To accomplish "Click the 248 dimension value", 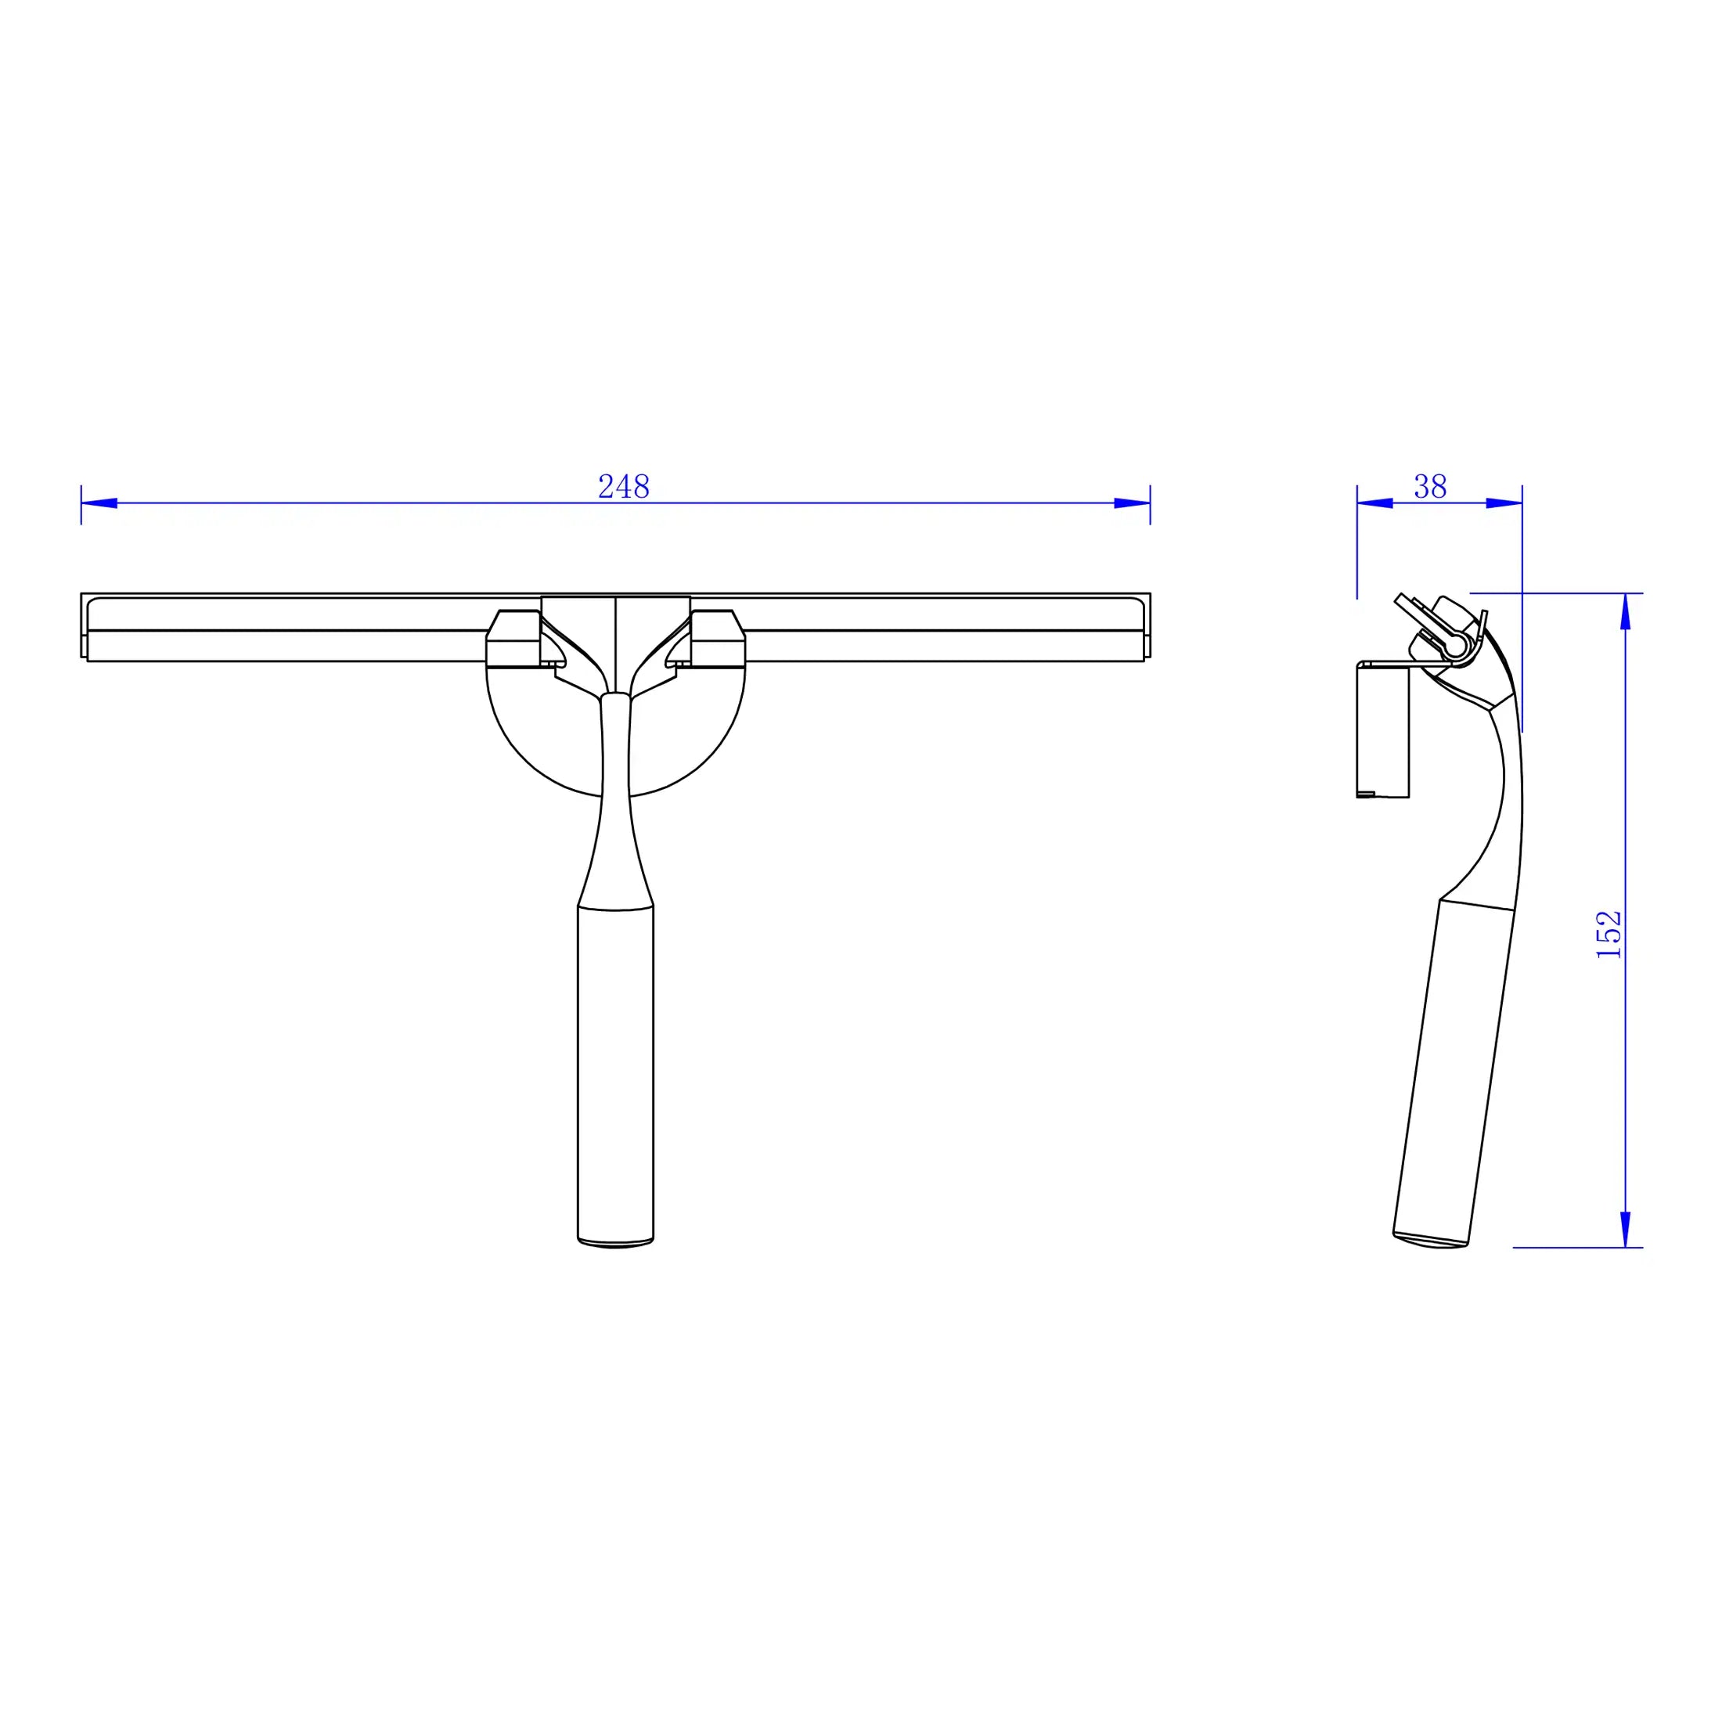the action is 623,487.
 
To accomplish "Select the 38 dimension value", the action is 1430,487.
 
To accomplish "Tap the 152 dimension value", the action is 1609,934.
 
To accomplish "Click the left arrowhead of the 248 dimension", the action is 99,503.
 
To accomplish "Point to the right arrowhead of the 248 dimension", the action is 1132,503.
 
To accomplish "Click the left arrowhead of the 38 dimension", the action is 1375,503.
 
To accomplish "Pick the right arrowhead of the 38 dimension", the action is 1504,503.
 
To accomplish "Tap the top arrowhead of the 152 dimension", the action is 1625,611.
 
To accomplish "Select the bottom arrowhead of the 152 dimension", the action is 1625,1229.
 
